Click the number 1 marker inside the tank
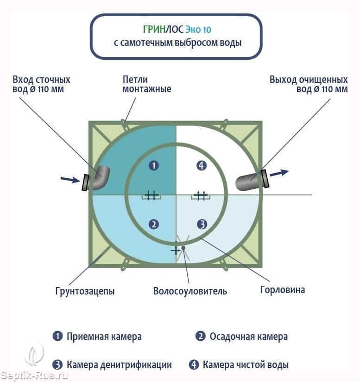(x=154, y=166)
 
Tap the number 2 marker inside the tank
(x=154, y=225)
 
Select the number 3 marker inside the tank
(x=202, y=225)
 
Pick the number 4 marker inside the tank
(x=202, y=166)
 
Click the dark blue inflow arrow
(x=70, y=180)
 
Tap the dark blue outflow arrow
(x=279, y=173)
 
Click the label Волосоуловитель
(x=190, y=291)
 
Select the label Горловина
(x=283, y=290)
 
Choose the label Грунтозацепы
(x=85, y=291)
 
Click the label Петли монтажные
(x=147, y=84)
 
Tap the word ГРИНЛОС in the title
(x=163, y=30)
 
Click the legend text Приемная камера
(x=104, y=337)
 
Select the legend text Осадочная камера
(x=249, y=337)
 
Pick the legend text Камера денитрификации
(x=119, y=365)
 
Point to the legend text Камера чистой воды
(x=246, y=365)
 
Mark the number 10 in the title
(x=207, y=30)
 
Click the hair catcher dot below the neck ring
(x=183, y=248)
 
